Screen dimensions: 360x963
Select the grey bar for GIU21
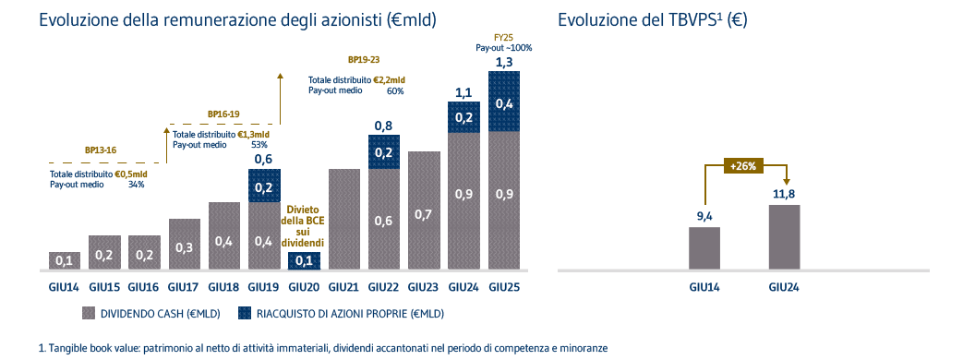click(x=343, y=220)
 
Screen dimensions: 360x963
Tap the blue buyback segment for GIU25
click(x=504, y=102)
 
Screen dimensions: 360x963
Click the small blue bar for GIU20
click(x=304, y=260)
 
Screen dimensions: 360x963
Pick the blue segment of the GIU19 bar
click(x=264, y=186)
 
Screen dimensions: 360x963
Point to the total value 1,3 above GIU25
click(x=504, y=62)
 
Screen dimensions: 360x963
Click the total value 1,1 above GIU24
click(x=463, y=91)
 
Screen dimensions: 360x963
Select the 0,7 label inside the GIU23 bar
click(x=424, y=215)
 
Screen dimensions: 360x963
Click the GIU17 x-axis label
click(x=185, y=288)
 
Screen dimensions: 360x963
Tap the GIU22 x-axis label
click(x=383, y=288)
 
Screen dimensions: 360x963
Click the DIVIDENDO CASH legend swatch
click(x=90, y=314)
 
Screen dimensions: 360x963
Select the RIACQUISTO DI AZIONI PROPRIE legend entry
click(x=341, y=314)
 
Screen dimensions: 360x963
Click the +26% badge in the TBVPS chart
click(x=743, y=167)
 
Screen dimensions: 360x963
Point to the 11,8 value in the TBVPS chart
click(x=783, y=195)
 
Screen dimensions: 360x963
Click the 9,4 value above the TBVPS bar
click(x=704, y=216)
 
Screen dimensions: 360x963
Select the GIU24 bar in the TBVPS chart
click(x=783, y=237)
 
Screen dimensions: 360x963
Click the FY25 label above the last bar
click(x=504, y=36)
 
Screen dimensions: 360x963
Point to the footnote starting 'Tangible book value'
click(x=323, y=348)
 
